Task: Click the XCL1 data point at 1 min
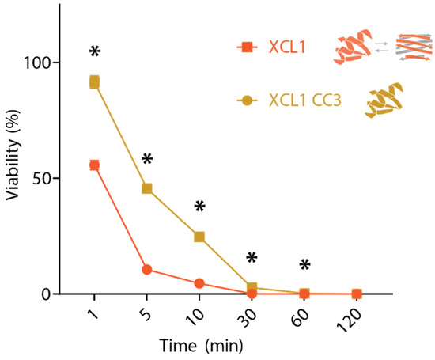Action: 95,165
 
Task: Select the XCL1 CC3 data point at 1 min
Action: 95,82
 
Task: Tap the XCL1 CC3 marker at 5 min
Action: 147,188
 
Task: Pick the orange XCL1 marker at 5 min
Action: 147,269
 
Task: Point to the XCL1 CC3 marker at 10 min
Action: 199,237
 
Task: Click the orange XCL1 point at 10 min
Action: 199,283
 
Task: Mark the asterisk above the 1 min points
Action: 95,52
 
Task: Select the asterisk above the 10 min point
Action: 199,207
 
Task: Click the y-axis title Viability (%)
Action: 15,180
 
